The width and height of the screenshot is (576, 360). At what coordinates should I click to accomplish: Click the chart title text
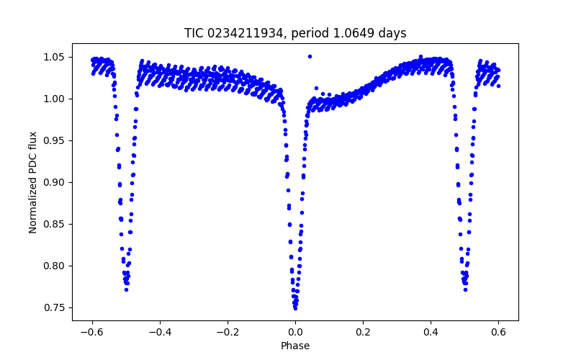tap(295, 33)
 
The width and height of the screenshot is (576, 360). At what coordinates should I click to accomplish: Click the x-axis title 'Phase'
tap(295, 346)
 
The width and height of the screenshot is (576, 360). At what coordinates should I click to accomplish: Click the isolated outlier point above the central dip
tap(310, 56)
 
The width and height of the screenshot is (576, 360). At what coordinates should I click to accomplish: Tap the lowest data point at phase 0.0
tap(295, 307)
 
